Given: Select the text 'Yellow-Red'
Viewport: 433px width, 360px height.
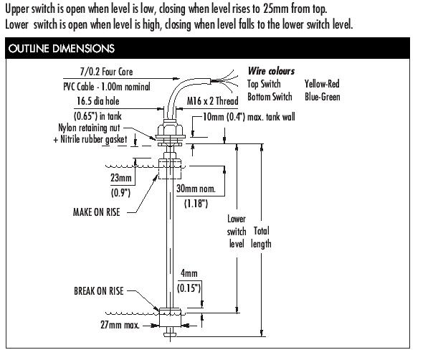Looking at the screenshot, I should tap(322, 84).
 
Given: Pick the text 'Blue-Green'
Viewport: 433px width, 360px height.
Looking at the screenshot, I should tap(323, 97).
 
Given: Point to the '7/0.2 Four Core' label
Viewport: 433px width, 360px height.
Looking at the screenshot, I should tap(106, 72).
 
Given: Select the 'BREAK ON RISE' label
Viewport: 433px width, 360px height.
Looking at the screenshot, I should tap(98, 291).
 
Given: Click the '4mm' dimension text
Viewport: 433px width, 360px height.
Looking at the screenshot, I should tap(189, 273).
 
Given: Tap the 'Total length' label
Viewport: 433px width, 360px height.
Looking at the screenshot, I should tap(261, 237).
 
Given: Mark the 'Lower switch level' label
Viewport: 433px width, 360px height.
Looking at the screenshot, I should tap(236, 231).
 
